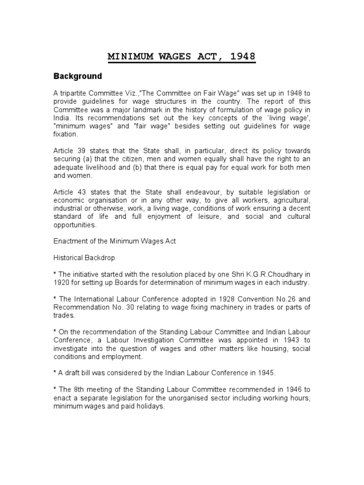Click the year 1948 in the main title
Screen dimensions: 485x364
tap(242, 57)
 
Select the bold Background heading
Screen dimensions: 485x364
tap(77, 76)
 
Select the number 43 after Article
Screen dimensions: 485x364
tap(80, 192)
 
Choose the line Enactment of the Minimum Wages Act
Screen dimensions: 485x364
tap(114, 241)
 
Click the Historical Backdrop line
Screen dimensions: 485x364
tap(83, 258)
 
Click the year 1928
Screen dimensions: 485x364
tap(213, 300)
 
